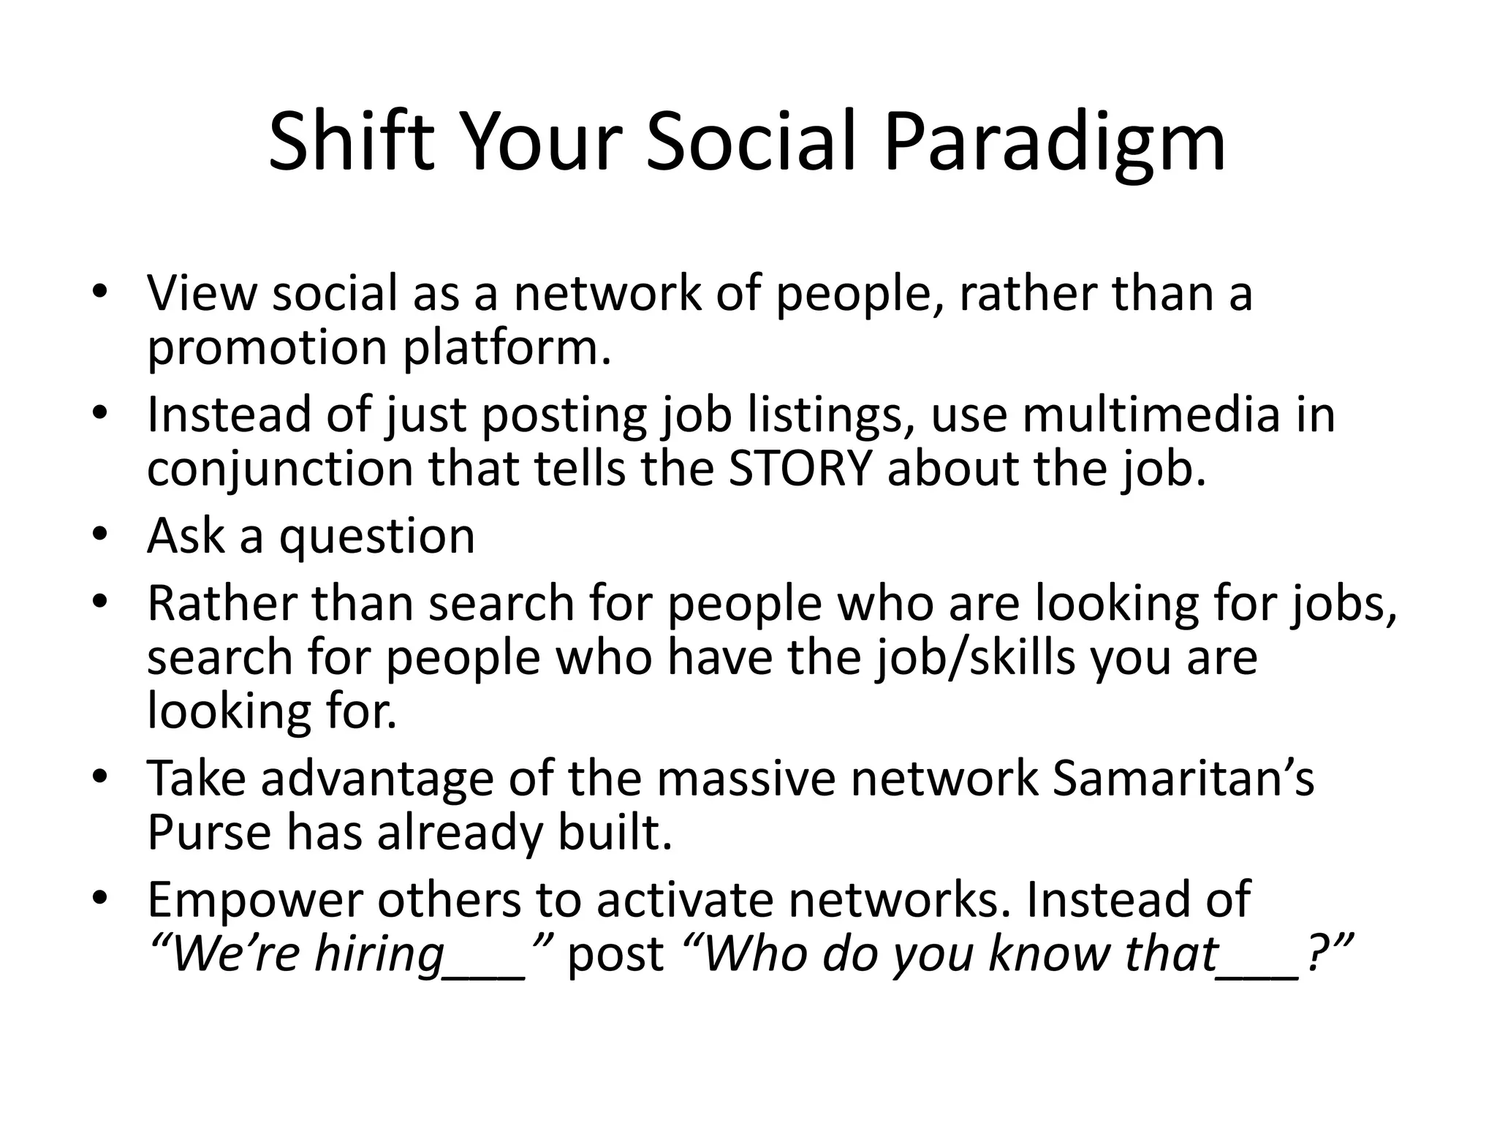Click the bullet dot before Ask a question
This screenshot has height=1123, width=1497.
100,533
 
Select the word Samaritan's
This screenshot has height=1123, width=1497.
1183,779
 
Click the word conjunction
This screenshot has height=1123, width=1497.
281,470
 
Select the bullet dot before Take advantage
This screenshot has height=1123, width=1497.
100,776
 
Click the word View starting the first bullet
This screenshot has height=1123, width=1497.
202,293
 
